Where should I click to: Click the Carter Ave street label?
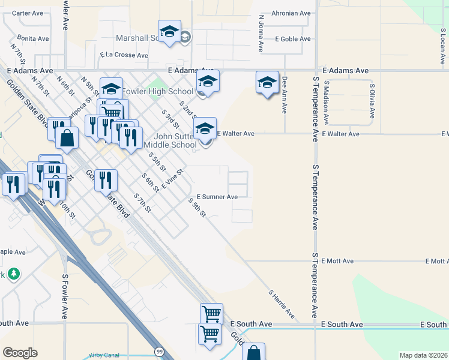(x=28, y=13)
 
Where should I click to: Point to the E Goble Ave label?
(x=292, y=38)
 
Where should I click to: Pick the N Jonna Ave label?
(x=261, y=33)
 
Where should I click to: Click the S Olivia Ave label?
(x=373, y=100)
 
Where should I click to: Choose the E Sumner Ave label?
(x=217, y=196)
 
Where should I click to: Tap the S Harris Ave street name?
(x=282, y=304)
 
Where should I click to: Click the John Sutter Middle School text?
(x=170, y=140)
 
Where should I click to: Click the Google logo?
(x=20, y=353)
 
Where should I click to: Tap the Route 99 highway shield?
(x=158, y=351)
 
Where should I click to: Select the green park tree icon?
(x=13, y=274)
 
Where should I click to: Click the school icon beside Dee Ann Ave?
(x=267, y=83)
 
